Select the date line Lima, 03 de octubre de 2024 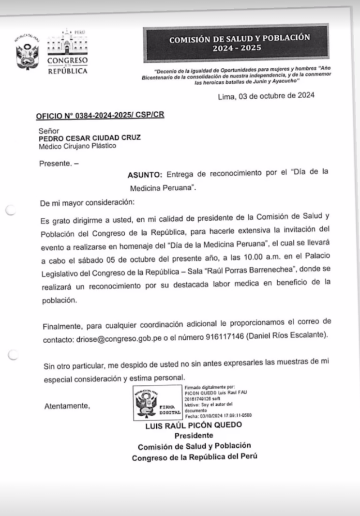[x=266, y=95]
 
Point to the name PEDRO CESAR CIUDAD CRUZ [x=90, y=137]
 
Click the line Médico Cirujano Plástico [x=77, y=146]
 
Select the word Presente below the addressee [x=54, y=163]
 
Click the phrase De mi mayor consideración [x=88, y=204]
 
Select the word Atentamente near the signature [x=67, y=406]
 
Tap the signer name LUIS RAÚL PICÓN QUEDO [x=194, y=425]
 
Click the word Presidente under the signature [x=194, y=436]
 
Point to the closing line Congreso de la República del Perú [x=195, y=457]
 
